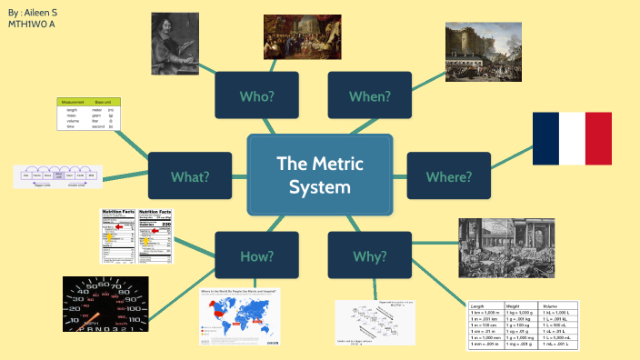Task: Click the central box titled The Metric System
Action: pos(319,175)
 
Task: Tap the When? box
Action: pos(369,95)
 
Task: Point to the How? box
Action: pos(256,255)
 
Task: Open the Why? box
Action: pos(369,255)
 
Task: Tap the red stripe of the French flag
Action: pos(599,139)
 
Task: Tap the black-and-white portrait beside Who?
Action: pos(178,43)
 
